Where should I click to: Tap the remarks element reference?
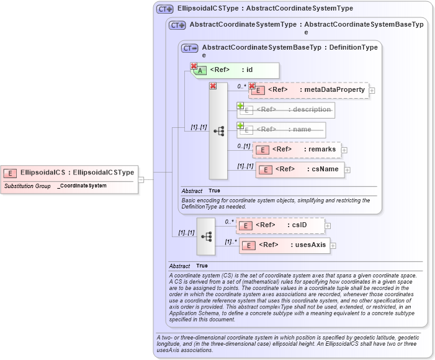[x=297, y=150]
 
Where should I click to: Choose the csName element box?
[x=300, y=169]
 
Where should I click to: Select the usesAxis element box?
[x=285, y=245]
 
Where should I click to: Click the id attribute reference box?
[x=236, y=70]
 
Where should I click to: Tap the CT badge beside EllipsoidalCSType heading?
[x=164, y=9]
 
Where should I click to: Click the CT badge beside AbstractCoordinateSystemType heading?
[x=177, y=25]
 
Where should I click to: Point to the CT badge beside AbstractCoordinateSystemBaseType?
[x=189, y=48]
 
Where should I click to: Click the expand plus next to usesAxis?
[x=333, y=246]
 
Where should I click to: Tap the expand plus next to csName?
[x=348, y=169]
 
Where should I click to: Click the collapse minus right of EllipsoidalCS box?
[x=141, y=180]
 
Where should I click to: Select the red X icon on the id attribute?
[x=194, y=66]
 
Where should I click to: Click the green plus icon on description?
[x=240, y=106]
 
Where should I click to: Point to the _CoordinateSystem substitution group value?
[x=82, y=186]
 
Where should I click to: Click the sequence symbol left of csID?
[x=206, y=236]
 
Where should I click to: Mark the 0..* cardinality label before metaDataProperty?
[x=241, y=86]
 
